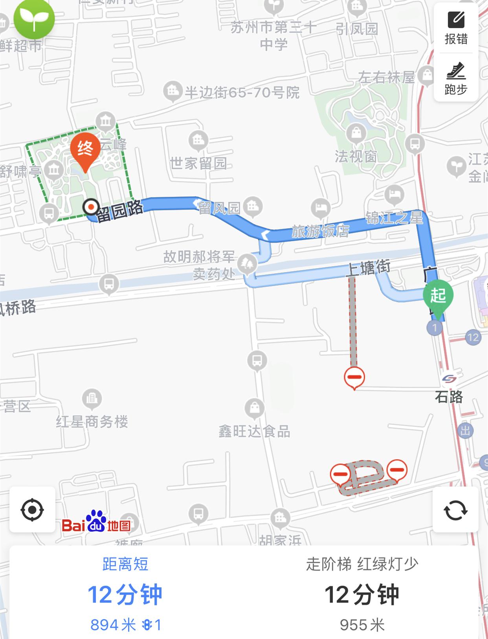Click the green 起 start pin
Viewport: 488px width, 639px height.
coord(438,295)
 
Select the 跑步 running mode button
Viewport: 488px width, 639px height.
coord(456,79)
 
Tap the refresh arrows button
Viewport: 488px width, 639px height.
coord(455,510)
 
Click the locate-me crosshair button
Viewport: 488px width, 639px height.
coord(32,510)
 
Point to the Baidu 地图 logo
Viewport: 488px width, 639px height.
coord(96,522)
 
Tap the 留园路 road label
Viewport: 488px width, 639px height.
coord(119,211)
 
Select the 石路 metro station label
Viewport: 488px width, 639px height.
coord(449,396)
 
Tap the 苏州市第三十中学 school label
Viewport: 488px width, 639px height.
coord(273,35)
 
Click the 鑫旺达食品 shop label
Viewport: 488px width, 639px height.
coord(254,431)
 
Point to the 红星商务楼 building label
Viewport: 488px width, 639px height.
coord(92,422)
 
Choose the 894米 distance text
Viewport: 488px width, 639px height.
coord(113,624)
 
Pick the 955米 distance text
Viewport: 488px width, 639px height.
coord(362,624)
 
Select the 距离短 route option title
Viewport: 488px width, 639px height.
coord(125,564)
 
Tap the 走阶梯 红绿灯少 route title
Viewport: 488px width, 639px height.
coord(362,564)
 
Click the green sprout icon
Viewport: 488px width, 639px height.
coord(34,18)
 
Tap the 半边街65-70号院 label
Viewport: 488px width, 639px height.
coord(242,92)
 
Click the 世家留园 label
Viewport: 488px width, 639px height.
coord(198,163)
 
